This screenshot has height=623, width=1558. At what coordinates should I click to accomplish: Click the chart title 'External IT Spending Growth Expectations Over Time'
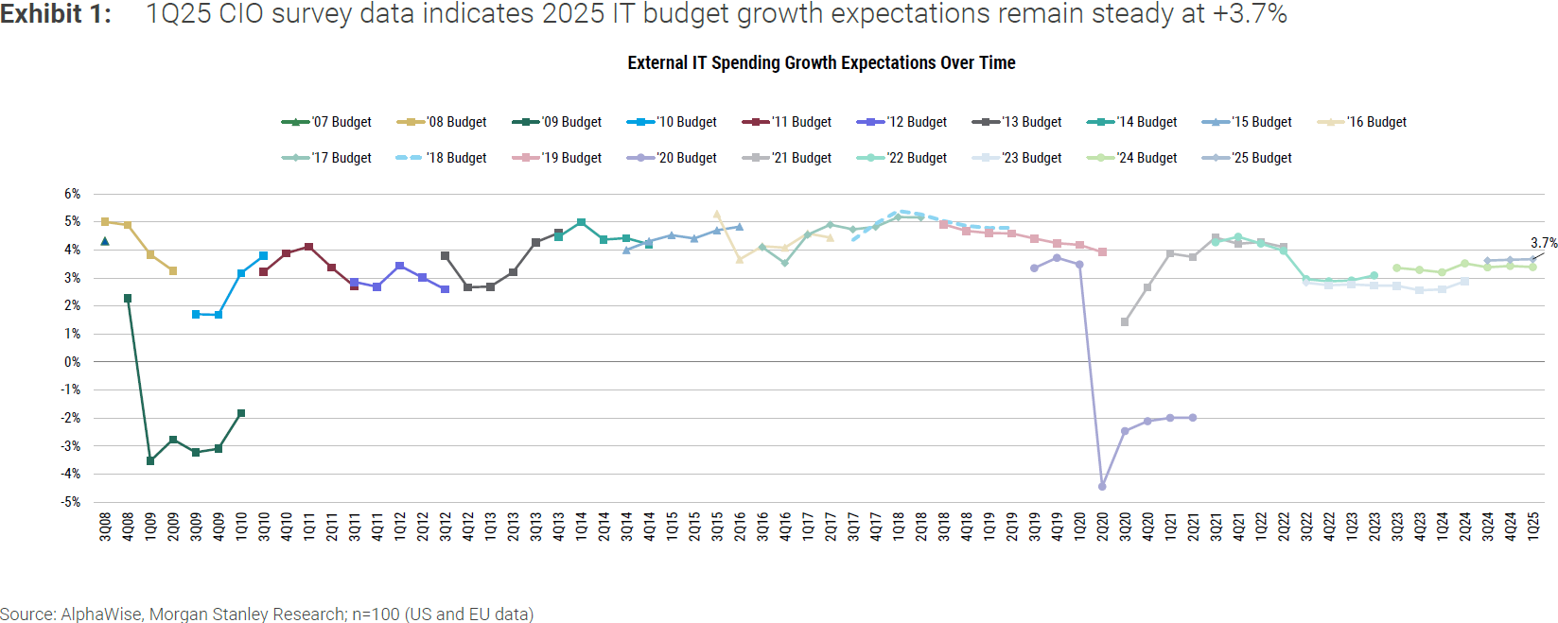pos(821,63)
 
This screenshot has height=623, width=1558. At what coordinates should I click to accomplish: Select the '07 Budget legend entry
pos(326,122)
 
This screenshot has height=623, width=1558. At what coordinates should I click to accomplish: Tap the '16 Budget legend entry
pos(1361,122)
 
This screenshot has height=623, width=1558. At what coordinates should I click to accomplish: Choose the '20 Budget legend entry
pos(672,158)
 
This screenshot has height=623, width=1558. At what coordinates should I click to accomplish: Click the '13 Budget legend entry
pos(1017,122)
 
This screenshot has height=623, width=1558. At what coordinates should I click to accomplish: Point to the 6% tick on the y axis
pos(73,194)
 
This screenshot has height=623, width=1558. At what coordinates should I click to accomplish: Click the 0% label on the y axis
pos(73,362)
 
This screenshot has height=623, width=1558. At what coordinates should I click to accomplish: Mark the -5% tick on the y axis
pos(72,502)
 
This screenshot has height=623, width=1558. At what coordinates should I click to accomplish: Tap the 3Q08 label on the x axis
pos(105,527)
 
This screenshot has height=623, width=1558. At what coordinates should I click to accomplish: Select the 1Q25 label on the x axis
pos(1533,527)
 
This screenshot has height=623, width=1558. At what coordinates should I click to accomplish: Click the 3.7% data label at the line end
pos(1544,243)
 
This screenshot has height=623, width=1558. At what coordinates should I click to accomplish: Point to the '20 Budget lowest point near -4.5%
pos(1102,486)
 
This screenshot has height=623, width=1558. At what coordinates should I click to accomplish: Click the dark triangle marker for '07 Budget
pos(105,241)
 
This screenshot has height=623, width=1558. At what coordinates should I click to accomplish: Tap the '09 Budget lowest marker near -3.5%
pos(150,460)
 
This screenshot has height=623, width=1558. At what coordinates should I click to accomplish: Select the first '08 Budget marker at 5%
pos(105,222)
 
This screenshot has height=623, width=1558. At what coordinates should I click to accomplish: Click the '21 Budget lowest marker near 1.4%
pos(1125,322)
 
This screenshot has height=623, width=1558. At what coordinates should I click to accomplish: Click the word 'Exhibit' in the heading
pos(42,14)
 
